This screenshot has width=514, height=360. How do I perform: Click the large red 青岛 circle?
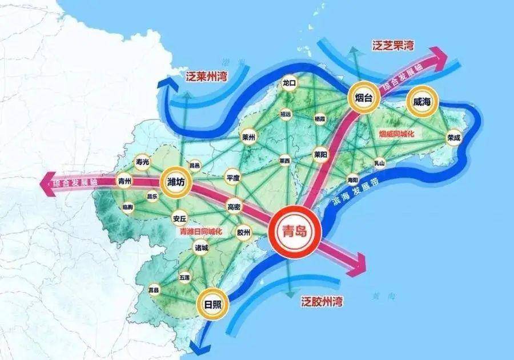pyautogui.click(x=295, y=231)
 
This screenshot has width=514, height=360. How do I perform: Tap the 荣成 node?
pyautogui.click(x=454, y=137)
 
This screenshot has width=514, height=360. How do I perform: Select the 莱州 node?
pyautogui.click(x=248, y=137)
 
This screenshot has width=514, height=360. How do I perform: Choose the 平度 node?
pyautogui.click(x=233, y=177)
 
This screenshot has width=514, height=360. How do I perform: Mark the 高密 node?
pyautogui.click(x=234, y=206)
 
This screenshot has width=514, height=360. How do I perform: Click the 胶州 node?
pyautogui.click(x=243, y=232)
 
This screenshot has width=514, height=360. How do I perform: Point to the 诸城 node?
pyautogui.click(x=202, y=249)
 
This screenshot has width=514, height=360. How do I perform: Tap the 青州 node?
pyautogui.click(x=125, y=182)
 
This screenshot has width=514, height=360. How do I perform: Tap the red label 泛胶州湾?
pyautogui.click(x=322, y=301)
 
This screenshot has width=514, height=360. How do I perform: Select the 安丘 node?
pyautogui.click(x=179, y=218)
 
